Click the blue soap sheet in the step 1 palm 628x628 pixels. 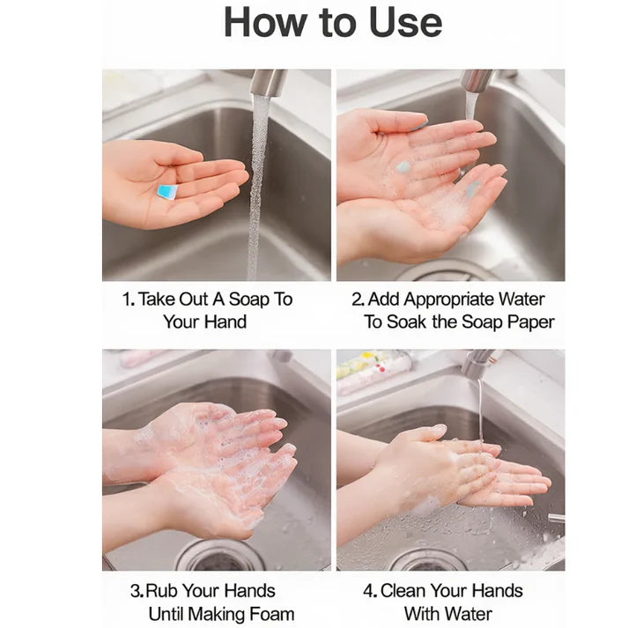click(166, 191)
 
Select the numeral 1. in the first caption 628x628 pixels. click(128, 299)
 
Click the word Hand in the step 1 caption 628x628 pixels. click(225, 322)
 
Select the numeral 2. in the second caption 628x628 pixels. click(358, 299)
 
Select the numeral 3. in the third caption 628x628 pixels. click(137, 591)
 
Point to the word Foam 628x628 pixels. click(270, 614)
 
